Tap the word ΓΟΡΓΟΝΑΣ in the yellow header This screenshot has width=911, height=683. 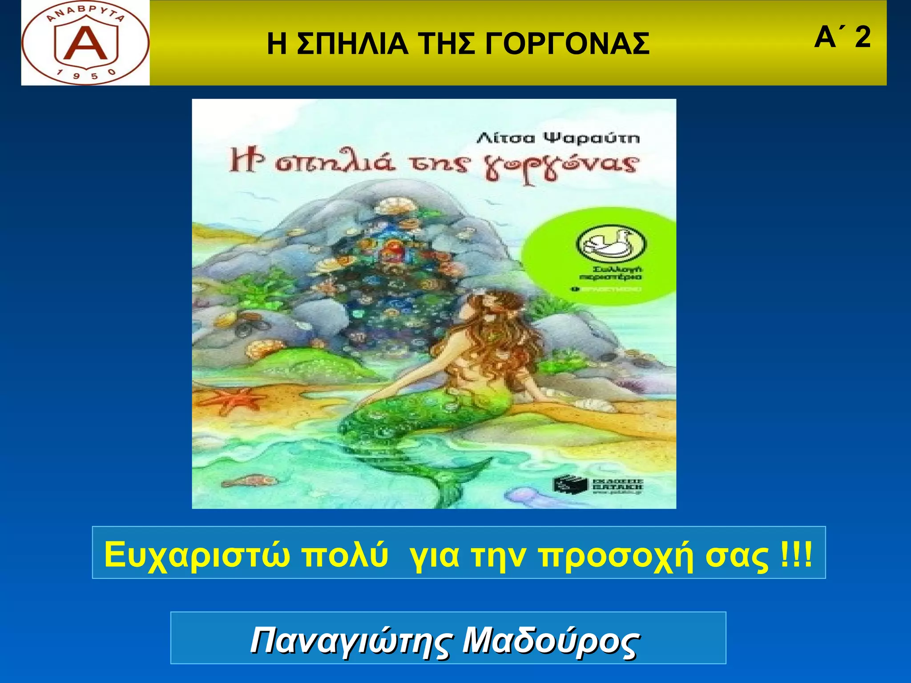coord(567,44)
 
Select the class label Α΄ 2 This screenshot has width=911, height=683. coord(842,37)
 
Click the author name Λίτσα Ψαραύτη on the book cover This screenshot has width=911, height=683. coord(558,138)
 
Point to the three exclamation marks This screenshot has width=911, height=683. coord(796,554)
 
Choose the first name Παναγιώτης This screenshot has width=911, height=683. coord(352,641)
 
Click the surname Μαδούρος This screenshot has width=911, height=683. coord(550,641)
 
